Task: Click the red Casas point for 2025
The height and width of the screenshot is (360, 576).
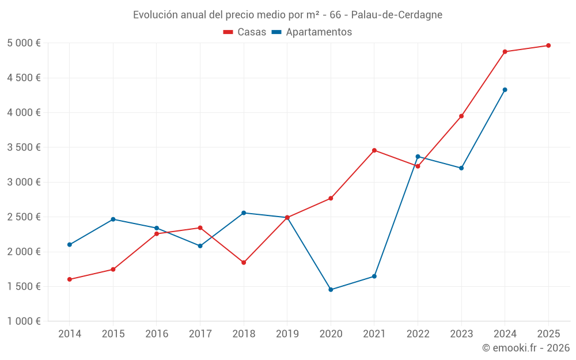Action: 548,46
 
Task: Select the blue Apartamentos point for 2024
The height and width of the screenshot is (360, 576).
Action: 505,90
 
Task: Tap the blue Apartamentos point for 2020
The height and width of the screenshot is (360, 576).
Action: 331,290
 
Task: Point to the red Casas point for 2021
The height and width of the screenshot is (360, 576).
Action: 374,150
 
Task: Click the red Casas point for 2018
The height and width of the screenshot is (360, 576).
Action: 244,263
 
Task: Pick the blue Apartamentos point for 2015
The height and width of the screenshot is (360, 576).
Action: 113,219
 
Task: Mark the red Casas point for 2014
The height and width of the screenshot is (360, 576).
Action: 70,279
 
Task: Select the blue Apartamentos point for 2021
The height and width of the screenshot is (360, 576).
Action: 374,276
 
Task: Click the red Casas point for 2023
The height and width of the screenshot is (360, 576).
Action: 461,116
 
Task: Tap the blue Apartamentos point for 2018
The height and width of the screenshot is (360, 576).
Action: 244,213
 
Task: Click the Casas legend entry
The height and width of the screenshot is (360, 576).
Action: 245,32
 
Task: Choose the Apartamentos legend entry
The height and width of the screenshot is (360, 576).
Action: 312,32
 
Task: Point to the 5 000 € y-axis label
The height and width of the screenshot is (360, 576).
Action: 24,43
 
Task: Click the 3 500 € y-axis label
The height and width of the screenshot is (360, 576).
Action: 24,147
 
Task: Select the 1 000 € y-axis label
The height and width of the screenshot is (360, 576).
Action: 24,321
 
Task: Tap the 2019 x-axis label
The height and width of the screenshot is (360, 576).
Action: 287,334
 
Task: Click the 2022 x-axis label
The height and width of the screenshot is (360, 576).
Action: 418,334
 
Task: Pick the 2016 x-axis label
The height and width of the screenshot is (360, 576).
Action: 157,334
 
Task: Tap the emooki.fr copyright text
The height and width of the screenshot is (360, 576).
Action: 526,348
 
